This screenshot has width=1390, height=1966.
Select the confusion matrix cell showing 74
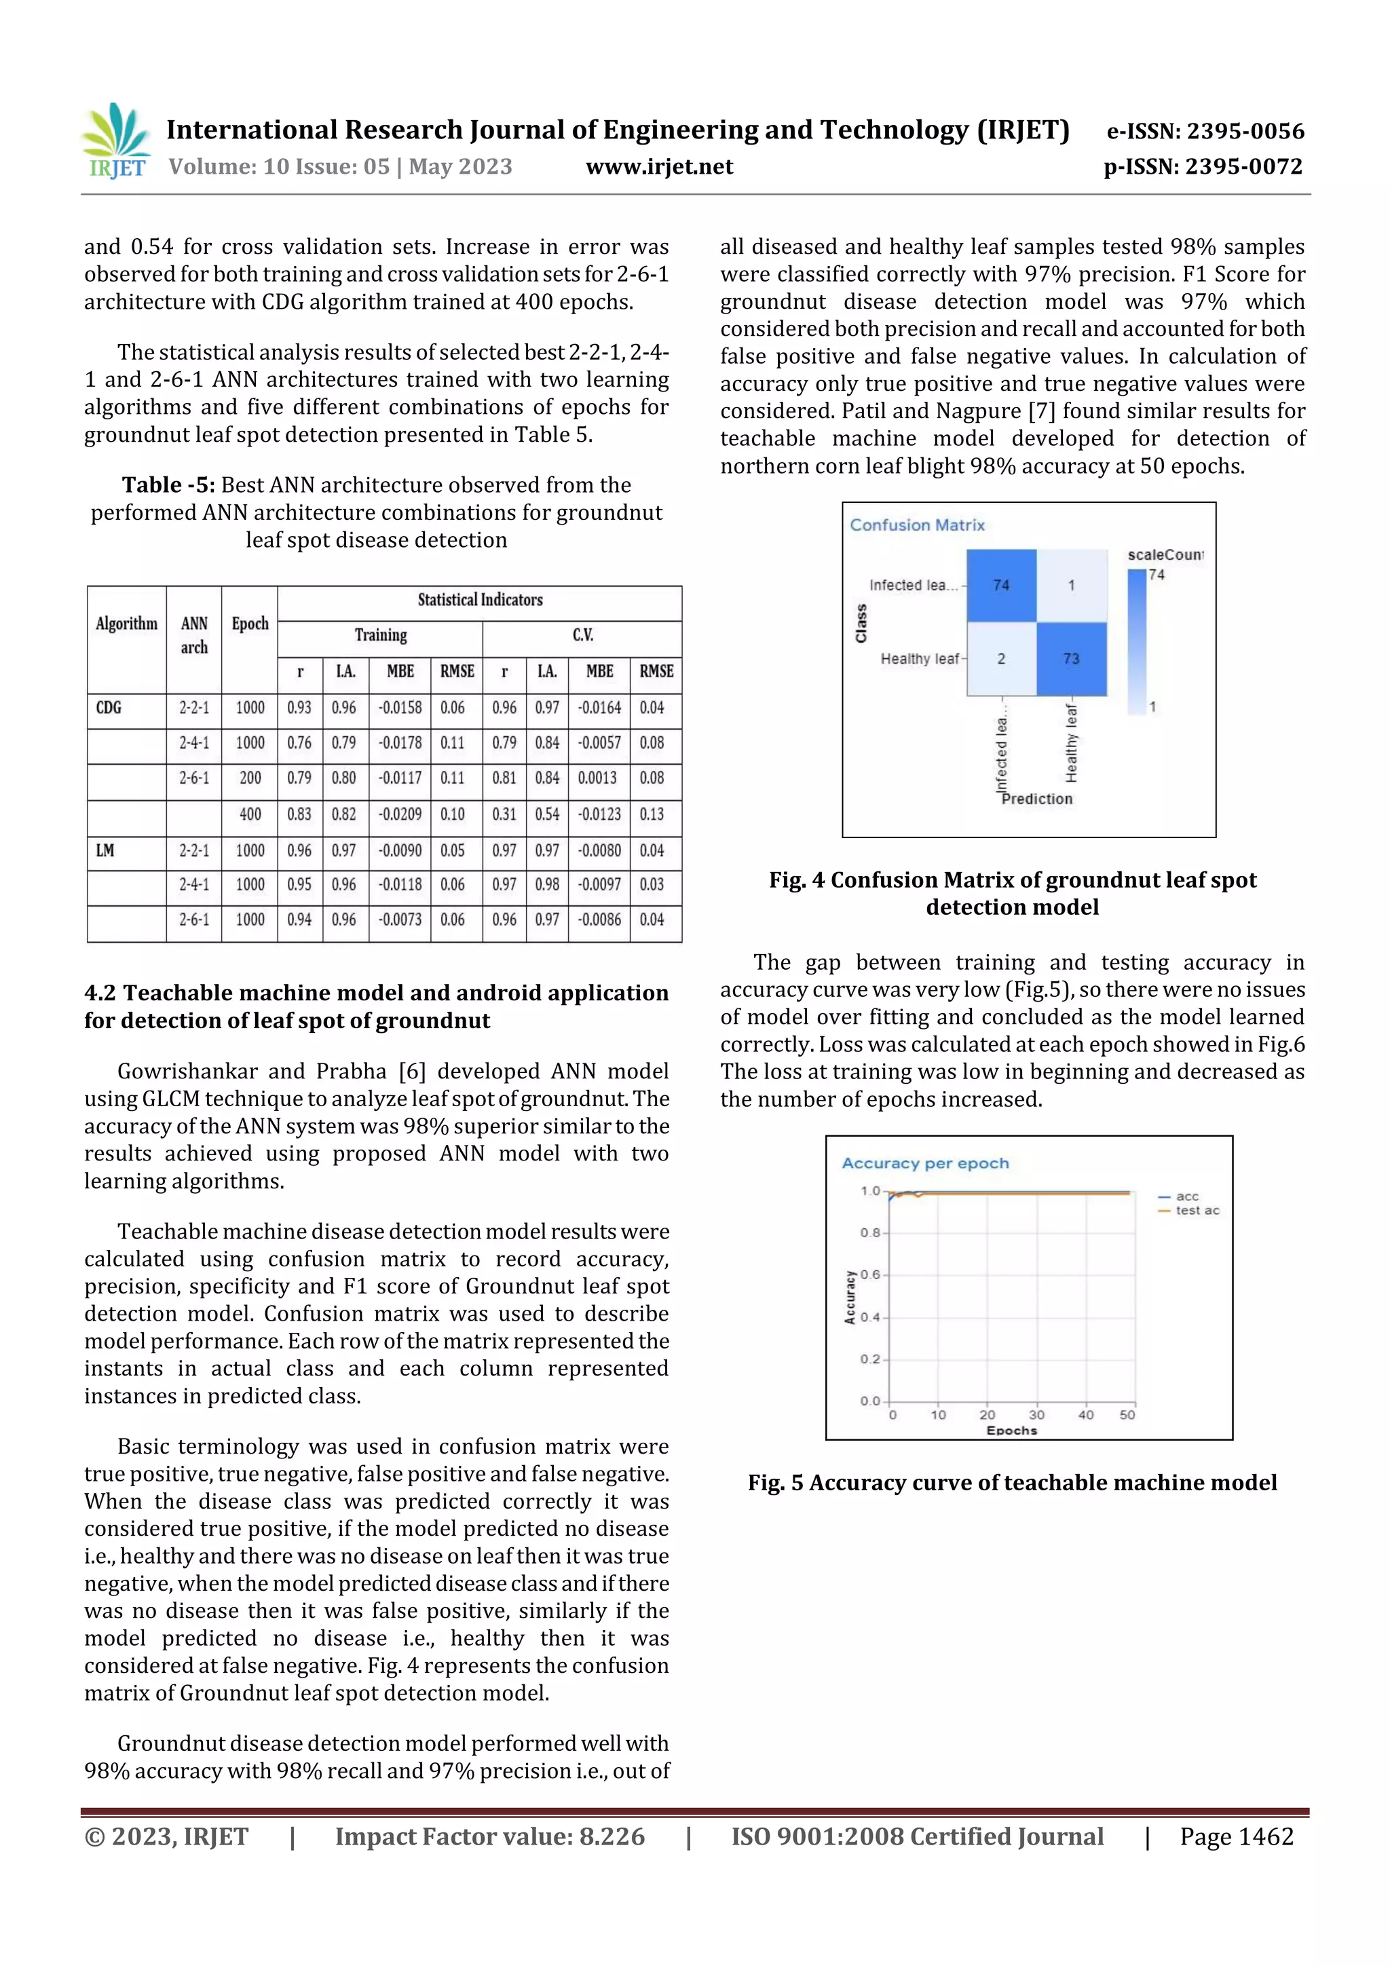1000,585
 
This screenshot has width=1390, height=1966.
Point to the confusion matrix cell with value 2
1000,658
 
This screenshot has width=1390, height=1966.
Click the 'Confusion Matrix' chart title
916,525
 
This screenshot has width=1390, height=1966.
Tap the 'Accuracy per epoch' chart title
924,1162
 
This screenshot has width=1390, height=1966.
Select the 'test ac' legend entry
1196,1210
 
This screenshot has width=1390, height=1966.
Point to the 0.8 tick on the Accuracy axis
869,1233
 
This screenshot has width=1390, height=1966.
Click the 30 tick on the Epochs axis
1036,1414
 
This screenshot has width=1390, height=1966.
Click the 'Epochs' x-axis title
1011,1430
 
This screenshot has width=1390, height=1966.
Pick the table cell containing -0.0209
400,814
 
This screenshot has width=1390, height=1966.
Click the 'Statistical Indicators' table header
480,599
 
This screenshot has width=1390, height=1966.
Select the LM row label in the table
105,850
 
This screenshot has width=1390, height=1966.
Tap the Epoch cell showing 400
250,814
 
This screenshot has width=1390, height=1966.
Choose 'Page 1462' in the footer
1236,1836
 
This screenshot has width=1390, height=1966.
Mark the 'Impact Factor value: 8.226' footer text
489,1836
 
